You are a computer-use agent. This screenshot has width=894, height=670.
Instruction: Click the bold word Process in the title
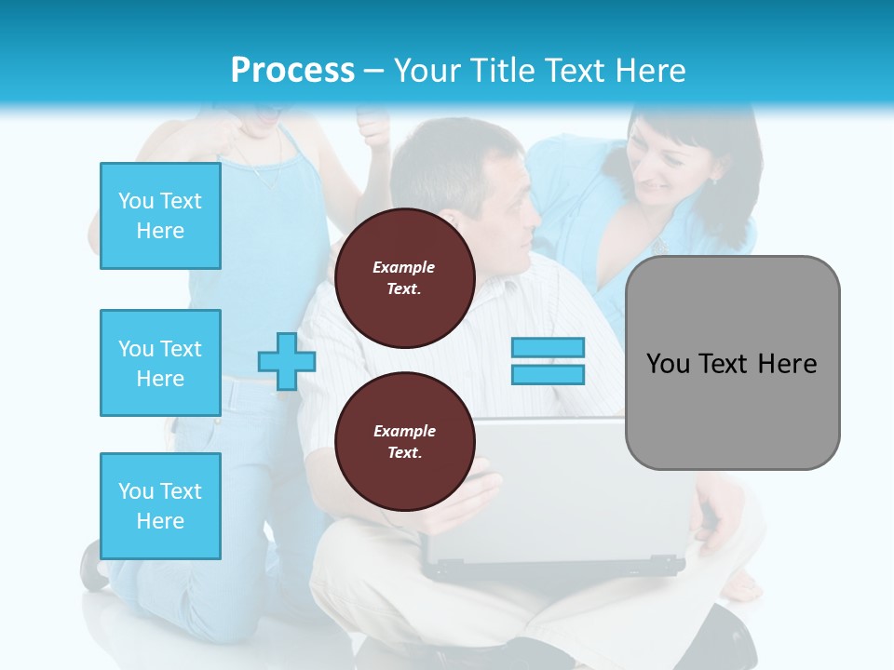[x=292, y=71]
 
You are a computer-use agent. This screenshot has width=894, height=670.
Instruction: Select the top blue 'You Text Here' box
[x=160, y=216]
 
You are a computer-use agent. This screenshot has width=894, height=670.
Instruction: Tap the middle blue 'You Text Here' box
[x=160, y=363]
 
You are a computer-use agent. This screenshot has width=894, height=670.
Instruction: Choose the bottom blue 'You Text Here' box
[x=160, y=506]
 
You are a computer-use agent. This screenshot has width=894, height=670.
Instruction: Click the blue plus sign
[x=286, y=361]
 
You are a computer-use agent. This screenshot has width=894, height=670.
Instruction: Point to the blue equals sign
[x=548, y=361]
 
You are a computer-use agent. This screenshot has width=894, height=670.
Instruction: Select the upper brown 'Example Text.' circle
[x=404, y=277]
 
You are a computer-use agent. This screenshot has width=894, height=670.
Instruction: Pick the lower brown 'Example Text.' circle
[x=404, y=441]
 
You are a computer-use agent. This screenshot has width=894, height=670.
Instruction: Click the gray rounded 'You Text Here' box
[x=732, y=363]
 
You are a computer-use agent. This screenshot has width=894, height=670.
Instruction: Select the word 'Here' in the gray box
[x=787, y=364]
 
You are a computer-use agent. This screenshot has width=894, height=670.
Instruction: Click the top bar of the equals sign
[x=548, y=348]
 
